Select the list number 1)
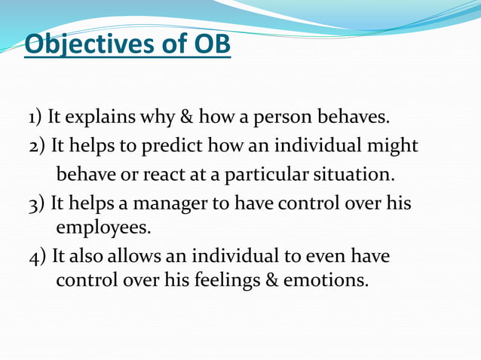click(x=35, y=118)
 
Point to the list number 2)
click(x=36, y=146)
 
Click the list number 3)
click(x=36, y=203)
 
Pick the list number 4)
click(x=36, y=257)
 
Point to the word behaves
click(x=363, y=118)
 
